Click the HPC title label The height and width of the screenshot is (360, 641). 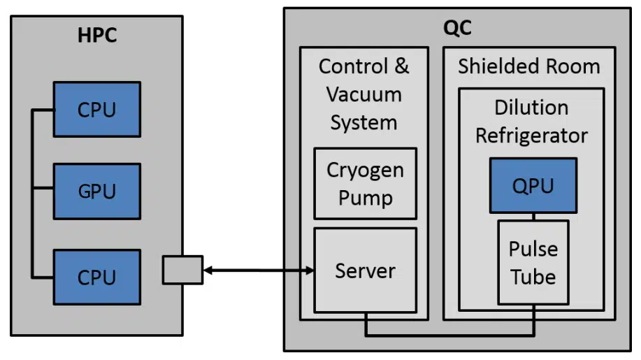(x=97, y=35)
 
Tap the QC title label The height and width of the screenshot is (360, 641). (x=457, y=28)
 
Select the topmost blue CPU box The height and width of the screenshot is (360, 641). (x=97, y=110)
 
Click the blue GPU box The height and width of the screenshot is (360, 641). (x=97, y=192)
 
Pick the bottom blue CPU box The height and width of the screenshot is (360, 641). (x=97, y=278)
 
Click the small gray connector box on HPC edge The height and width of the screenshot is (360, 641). (x=182, y=270)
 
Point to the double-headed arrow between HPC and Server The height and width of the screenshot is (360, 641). (x=259, y=270)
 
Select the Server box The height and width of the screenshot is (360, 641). (x=366, y=271)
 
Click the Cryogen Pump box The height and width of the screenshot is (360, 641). (x=366, y=183)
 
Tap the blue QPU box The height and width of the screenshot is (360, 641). (x=533, y=185)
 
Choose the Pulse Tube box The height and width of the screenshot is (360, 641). (x=533, y=263)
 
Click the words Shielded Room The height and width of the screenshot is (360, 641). (x=529, y=66)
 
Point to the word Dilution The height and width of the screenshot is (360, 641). (x=531, y=108)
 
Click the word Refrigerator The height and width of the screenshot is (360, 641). (x=531, y=136)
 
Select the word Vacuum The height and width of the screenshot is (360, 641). (x=363, y=94)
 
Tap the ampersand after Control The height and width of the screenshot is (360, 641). (x=401, y=66)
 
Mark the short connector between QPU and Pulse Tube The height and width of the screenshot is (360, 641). (x=533, y=217)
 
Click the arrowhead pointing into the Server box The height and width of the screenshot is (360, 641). (x=310, y=270)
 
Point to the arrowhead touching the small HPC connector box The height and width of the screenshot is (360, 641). (x=208, y=270)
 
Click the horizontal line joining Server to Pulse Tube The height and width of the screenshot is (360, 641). (x=449, y=335)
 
